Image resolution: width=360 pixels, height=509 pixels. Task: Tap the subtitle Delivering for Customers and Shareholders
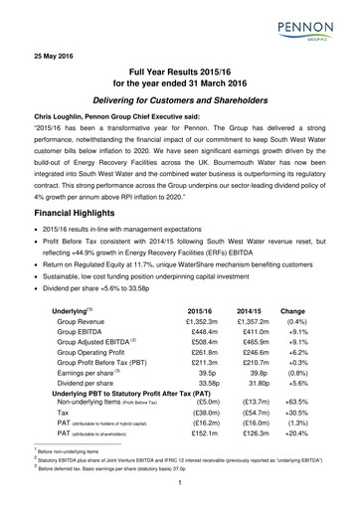pos(180,114)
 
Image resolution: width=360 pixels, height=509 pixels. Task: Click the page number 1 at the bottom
pos(180,486)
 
